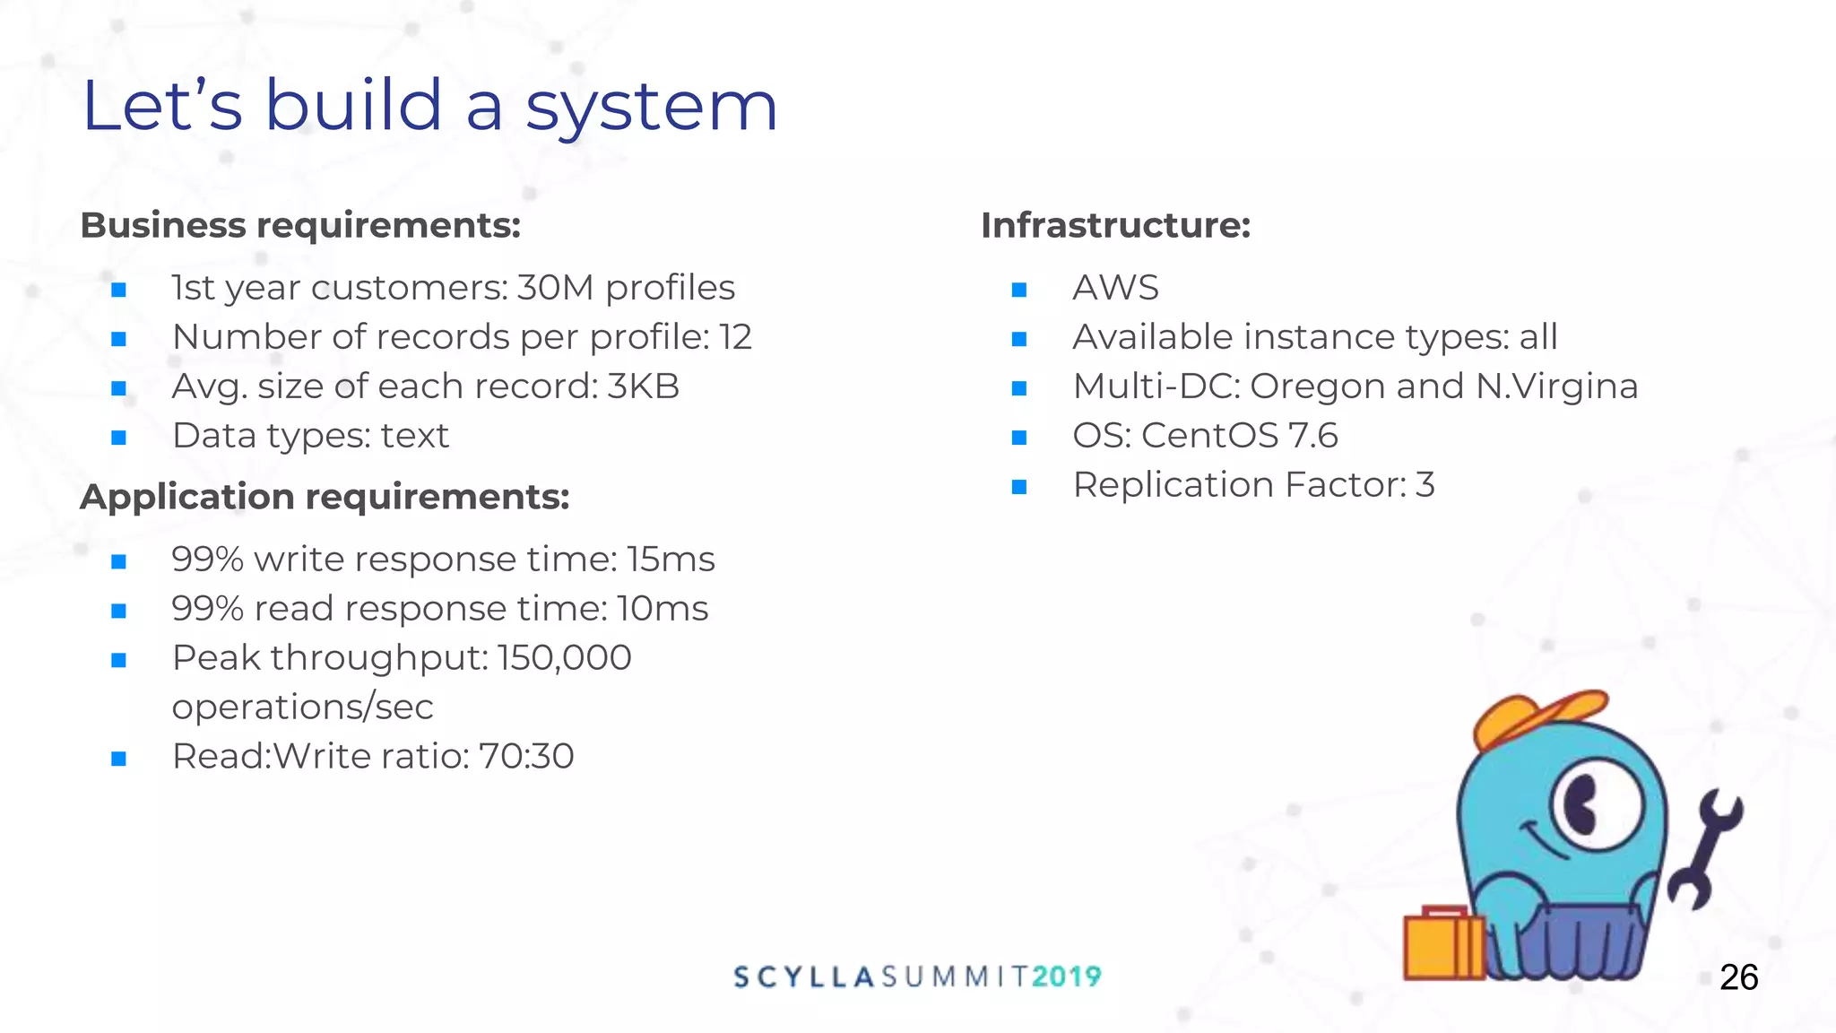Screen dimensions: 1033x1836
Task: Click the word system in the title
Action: [x=651, y=107]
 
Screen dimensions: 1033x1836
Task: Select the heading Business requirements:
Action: [x=300, y=225]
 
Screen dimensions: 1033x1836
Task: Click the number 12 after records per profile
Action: [x=735, y=337]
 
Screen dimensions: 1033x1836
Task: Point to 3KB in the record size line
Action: [x=643, y=386]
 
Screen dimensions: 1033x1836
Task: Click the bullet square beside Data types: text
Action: [x=118, y=438]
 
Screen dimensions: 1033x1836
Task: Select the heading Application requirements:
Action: [x=325, y=497]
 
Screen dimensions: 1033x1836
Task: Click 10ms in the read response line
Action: [x=663, y=609]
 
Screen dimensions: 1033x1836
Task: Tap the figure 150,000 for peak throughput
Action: [x=565, y=658]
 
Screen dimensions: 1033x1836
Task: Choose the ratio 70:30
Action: [x=526, y=757]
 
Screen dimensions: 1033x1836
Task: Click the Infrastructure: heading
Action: [x=1115, y=225]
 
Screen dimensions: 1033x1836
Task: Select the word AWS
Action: [x=1115, y=288]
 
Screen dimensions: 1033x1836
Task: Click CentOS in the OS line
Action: [x=1209, y=436]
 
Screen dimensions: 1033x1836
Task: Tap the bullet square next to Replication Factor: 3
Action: [x=1018, y=487]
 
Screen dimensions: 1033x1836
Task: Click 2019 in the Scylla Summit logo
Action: [x=1066, y=977]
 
